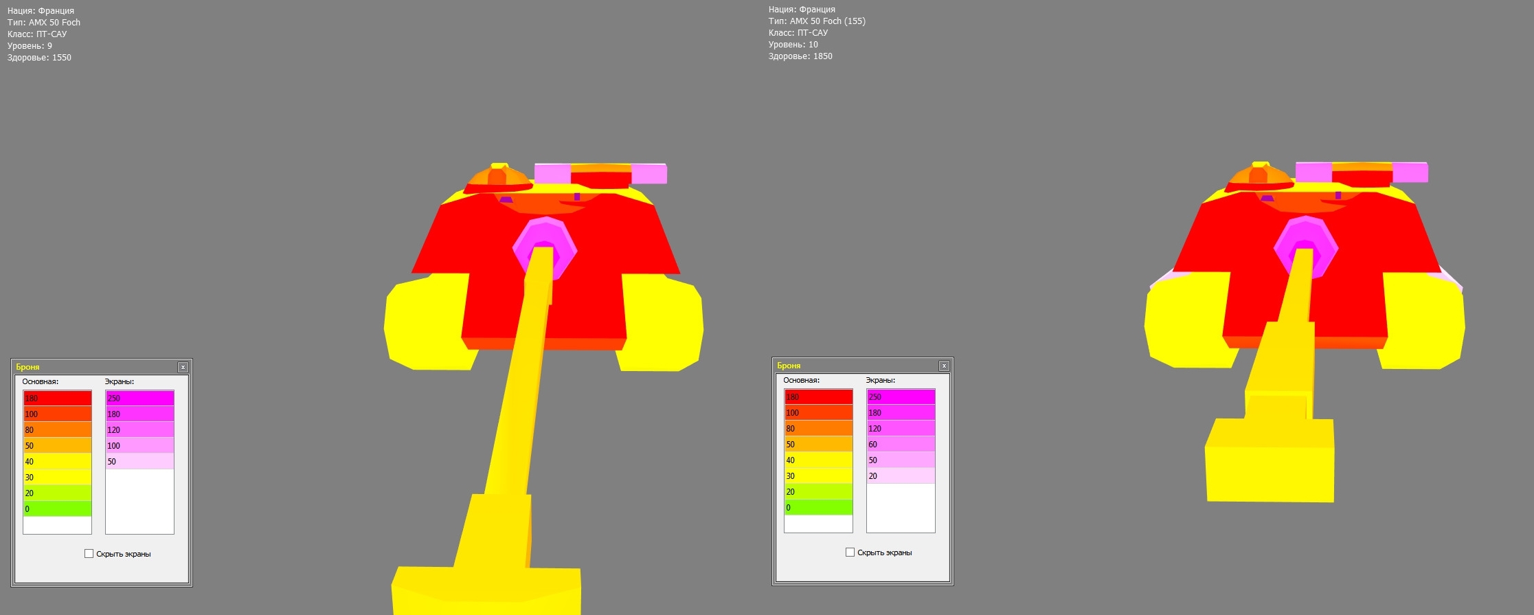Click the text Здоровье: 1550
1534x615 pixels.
(39, 58)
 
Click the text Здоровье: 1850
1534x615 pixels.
(800, 56)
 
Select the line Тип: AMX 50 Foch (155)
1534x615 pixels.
(817, 21)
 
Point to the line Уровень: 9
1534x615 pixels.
(30, 46)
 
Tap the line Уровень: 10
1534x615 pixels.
(793, 45)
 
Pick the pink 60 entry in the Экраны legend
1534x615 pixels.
(901, 445)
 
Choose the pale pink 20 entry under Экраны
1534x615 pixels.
(901, 476)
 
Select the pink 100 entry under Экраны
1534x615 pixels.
(139, 446)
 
